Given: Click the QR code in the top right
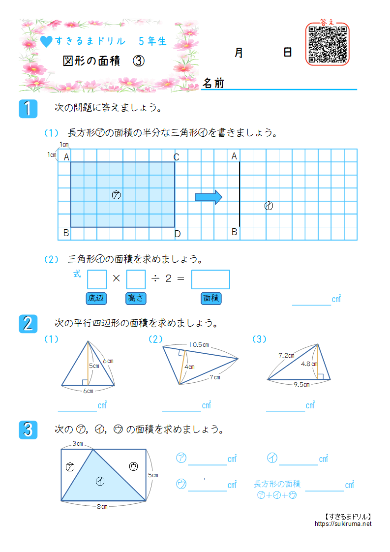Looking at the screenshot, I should tap(328, 44).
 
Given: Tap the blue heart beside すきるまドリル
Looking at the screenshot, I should tap(46, 42).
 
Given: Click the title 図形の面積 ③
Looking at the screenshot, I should tap(104, 61).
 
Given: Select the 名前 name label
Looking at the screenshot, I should tap(214, 83).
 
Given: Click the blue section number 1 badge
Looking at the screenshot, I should tap(29, 109).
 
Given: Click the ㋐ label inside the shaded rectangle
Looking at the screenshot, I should tap(117, 195).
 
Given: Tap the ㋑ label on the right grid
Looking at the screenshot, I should tap(269, 206).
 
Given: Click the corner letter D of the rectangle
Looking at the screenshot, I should tap(178, 234).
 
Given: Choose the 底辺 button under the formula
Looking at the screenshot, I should tap(96, 298).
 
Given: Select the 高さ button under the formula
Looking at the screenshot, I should tap(136, 298).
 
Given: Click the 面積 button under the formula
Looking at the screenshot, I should tap(211, 298).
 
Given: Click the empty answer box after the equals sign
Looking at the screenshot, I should tap(210, 279).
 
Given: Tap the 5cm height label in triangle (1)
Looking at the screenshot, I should tap(94, 366).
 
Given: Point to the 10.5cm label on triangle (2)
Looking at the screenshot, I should tap(199, 345).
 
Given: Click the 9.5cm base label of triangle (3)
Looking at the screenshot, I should tap(301, 385).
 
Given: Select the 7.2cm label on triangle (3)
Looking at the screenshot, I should tap(286, 355).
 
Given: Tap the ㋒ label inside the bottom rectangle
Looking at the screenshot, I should tap(133, 467).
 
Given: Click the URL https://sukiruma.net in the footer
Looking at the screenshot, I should tap(343, 524).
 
